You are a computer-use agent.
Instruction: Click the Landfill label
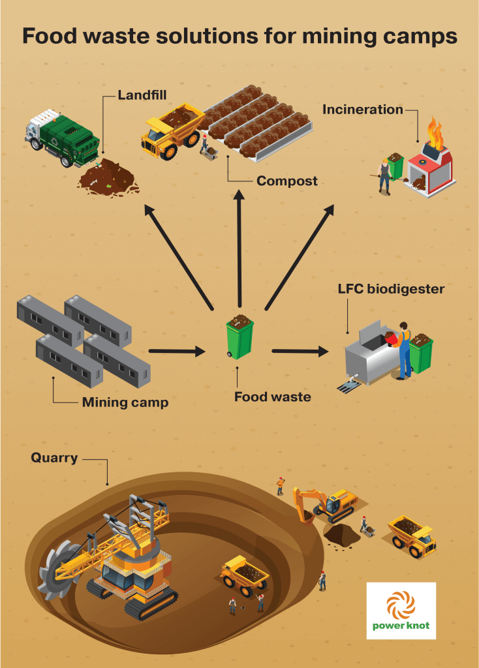[x=142, y=95]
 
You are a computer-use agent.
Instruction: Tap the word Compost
[x=286, y=181]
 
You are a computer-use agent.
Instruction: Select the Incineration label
[x=363, y=110]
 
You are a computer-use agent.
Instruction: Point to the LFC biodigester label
[x=391, y=288]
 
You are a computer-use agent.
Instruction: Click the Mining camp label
[x=125, y=402]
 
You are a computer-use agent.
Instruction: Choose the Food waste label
[x=273, y=396]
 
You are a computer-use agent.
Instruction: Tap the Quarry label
[x=54, y=458]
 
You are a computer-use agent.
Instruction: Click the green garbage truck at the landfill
[x=62, y=138]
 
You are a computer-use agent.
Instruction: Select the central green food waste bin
[x=239, y=336]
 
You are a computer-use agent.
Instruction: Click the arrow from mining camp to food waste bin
[x=176, y=352]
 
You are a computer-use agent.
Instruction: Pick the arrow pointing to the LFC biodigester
[x=300, y=352]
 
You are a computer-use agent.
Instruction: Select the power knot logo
[x=401, y=611]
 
